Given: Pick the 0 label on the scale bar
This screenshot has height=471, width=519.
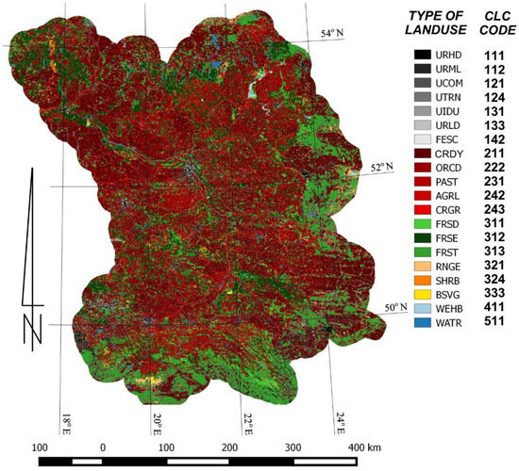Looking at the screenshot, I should pyautogui.click(x=102, y=447).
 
